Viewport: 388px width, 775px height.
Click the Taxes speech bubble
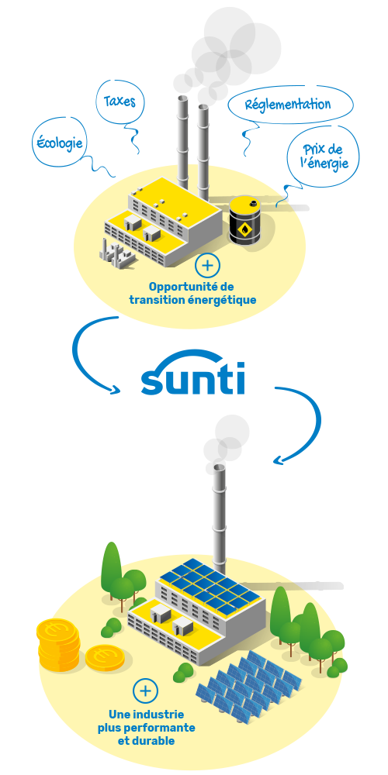(120, 102)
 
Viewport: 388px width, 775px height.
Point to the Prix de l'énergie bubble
(324, 157)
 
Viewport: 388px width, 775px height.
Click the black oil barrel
(245, 219)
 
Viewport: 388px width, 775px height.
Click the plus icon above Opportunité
(207, 265)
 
